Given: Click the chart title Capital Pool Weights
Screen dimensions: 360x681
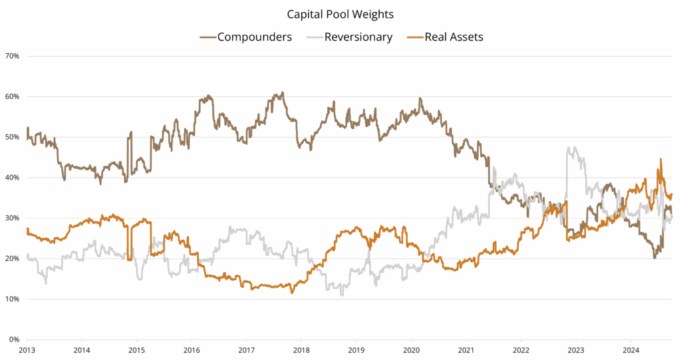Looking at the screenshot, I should click(340, 13).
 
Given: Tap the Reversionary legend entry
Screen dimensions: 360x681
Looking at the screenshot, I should click(358, 37).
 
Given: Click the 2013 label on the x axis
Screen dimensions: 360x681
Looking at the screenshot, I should click(27, 350).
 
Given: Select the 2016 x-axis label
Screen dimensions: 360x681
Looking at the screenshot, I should click(192, 350).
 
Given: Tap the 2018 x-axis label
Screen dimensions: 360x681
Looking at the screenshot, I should click(301, 350).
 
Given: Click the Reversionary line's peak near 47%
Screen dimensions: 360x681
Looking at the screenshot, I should click(569, 148).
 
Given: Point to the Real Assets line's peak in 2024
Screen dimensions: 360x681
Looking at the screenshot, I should click(660, 159).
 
